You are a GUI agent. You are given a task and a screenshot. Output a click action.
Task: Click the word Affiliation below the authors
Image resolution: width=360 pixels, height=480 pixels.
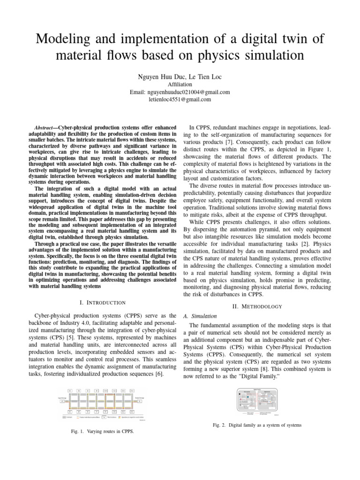(180, 84)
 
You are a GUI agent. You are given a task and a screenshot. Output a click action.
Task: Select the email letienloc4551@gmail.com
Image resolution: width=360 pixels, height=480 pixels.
(180, 99)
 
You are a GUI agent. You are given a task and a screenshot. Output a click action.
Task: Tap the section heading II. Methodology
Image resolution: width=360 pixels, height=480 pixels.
(258, 307)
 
